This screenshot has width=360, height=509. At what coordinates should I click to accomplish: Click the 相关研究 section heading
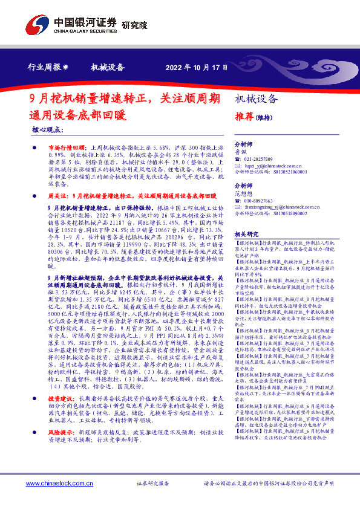(x=246, y=233)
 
